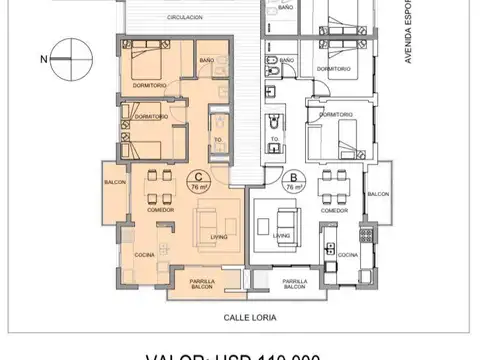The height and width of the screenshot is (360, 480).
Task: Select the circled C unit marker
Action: pyautogui.click(x=196, y=182)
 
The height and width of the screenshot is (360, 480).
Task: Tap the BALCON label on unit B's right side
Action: pyautogui.click(x=377, y=194)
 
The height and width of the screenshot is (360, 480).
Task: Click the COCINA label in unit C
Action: pyautogui.click(x=146, y=256)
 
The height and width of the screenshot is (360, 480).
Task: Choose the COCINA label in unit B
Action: pyautogui.click(x=347, y=256)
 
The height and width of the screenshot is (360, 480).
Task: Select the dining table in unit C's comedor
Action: pyautogui.click(x=157, y=189)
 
